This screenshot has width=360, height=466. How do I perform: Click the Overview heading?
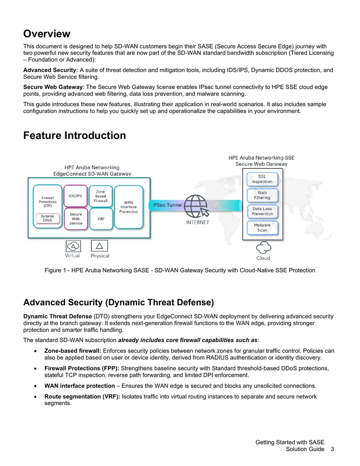click(x=47, y=34)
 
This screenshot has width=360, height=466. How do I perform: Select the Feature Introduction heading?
click(x=75, y=136)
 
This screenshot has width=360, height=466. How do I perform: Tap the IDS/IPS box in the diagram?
click(x=76, y=196)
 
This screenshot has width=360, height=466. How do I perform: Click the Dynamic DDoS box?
click(x=48, y=218)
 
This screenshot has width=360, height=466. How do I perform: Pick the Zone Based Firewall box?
click(x=101, y=196)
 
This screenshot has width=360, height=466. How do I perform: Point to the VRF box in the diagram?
click(x=101, y=219)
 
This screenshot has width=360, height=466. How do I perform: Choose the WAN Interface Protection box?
click(x=129, y=207)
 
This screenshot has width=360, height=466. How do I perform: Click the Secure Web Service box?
click(x=76, y=219)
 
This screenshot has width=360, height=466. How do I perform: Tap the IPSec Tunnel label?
click(x=167, y=205)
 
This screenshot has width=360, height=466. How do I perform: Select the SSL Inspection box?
click(x=262, y=179)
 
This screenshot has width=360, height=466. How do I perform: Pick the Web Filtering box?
click(x=262, y=195)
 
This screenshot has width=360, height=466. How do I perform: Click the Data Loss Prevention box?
click(x=262, y=211)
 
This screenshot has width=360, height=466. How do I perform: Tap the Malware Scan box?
click(x=262, y=228)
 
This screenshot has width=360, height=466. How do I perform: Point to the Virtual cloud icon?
click(x=73, y=246)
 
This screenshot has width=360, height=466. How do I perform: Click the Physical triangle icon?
click(x=99, y=246)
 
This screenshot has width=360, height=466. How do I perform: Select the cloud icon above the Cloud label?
click(x=263, y=248)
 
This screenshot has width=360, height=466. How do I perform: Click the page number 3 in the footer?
click(x=333, y=449)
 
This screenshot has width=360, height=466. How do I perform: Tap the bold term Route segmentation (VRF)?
click(x=82, y=397)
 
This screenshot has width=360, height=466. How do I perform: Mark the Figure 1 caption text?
click(x=180, y=271)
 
